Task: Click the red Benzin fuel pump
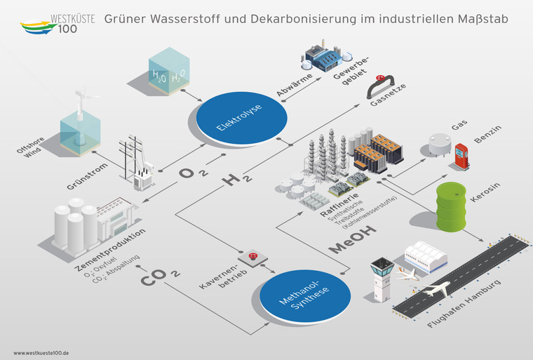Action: pos(461,156)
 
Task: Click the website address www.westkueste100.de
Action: pos(46,353)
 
